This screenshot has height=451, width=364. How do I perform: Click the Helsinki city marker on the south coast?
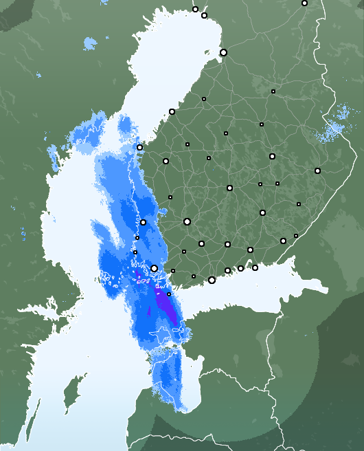pos(212,280)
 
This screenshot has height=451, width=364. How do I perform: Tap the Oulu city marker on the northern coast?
pos(223,52)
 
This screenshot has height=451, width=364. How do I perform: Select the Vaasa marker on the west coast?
pos(139,147)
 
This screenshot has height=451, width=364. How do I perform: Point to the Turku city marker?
pos(155,268)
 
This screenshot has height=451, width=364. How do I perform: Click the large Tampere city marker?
pos(187,221)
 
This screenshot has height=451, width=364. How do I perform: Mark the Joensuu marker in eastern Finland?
pos(317,170)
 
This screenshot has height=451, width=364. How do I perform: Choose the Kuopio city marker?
pos(272,156)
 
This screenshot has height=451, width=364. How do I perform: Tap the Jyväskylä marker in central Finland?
pos(229,188)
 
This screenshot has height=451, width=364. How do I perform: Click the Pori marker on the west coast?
pos(143,222)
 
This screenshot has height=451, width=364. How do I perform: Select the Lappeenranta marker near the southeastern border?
pos(283,241)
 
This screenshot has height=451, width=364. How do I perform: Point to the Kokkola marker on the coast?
pos(172,111)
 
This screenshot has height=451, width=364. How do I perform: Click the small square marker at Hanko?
pos(169,294)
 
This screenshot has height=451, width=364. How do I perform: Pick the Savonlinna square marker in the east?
pos(299,204)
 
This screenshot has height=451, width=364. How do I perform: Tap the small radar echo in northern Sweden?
pos(90,45)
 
